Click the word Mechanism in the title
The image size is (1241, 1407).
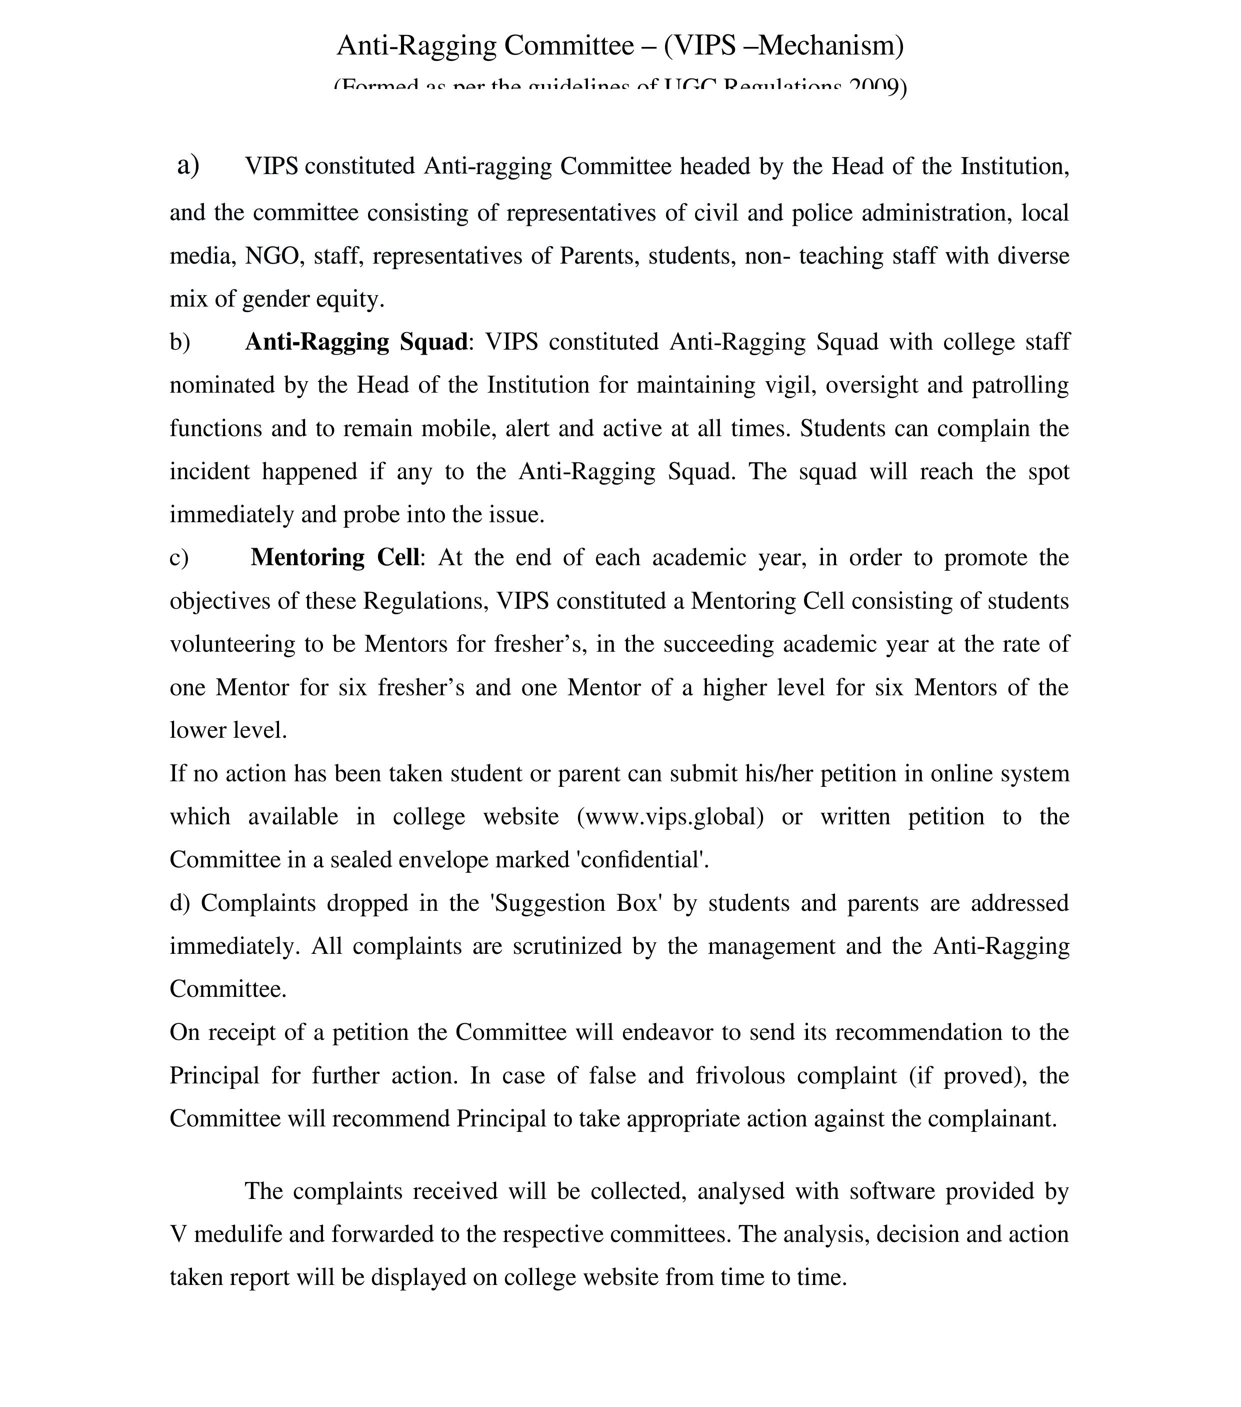point(829,46)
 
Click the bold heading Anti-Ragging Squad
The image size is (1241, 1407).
point(356,342)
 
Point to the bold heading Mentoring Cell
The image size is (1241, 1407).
point(335,557)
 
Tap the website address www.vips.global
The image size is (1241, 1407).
point(670,816)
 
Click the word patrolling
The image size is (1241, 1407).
point(1020,385)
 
